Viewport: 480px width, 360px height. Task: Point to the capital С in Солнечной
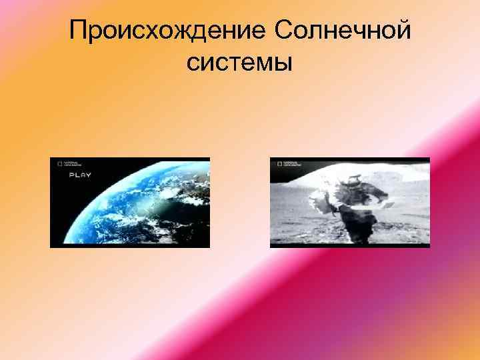click(x=283, y=31)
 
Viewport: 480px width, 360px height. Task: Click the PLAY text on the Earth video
click(x=80, y=175)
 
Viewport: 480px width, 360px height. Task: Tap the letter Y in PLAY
click(x=88, y=175)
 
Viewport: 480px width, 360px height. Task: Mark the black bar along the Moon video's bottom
click(x=350, y=245)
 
